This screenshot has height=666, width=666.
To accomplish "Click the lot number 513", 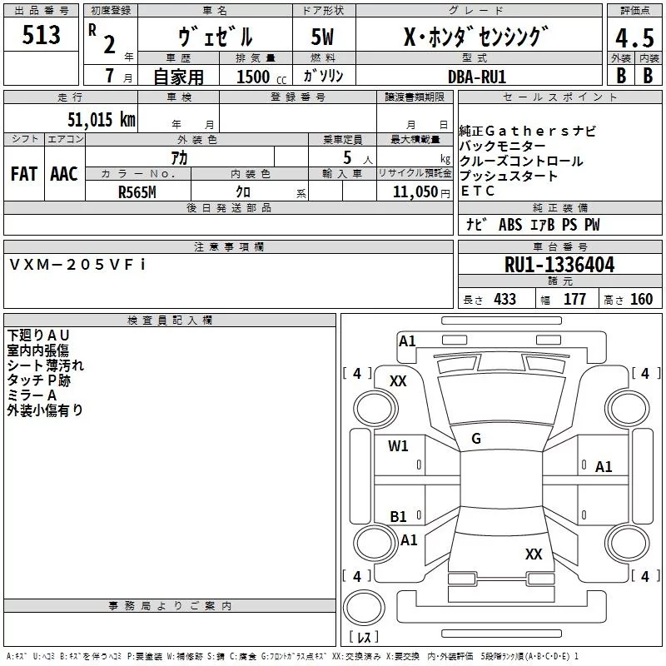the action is pyautogui.click(x=42, y=34).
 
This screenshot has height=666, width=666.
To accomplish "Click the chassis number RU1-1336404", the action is pyautogui.click(x=559, y=266).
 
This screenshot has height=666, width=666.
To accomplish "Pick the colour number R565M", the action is pyautogui.click(x=137, y=191).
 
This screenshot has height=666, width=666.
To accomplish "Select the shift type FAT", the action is pyautogui.click(x=24, y=174).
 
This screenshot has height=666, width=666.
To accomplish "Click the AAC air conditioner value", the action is pyautogui.click(x=64, y=174).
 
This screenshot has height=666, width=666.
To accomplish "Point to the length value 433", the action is pyautogui.click(x=504, y=300).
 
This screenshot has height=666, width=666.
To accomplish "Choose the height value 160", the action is pyautogui.click(x=641, y=300).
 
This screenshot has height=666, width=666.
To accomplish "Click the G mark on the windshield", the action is pyautogui.click(x=476, y=439).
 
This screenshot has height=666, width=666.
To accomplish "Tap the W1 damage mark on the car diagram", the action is pyautogui.click(x=399, y=446).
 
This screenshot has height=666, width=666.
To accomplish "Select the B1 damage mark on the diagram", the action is pyautogui.click(x=399, y=517).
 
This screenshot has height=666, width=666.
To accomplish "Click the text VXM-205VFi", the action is pyautogui.click(x=78, y=264).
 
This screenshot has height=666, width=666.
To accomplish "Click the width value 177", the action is pyautogui.click(x=574, y=300).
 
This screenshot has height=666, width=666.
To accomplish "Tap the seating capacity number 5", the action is pyautogui.click(x=345, y=157).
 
